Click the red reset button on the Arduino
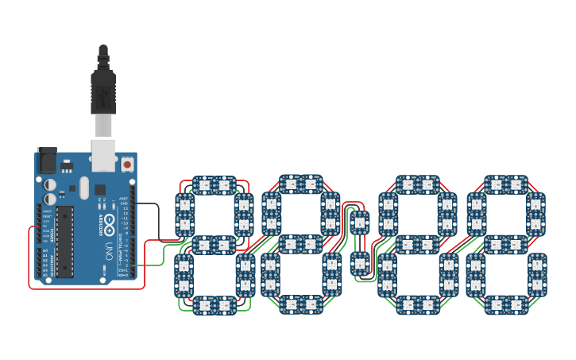click(x=127, y=165)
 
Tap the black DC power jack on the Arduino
click(x=47, y=161)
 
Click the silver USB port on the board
click(x=103, y=155)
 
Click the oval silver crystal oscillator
click(x=84, y=188)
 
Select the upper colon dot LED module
click(x=360, y=222)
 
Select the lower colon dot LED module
click(x=360, y=261)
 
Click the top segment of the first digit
click(x=214, y=185)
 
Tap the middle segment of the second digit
click(x=300, y=244)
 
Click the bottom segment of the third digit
click(x=417, y=304)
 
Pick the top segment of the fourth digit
click(x=506, y=184)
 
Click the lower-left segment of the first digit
click(x=184, y=274)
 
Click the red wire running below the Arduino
click(x=87, y=288)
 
